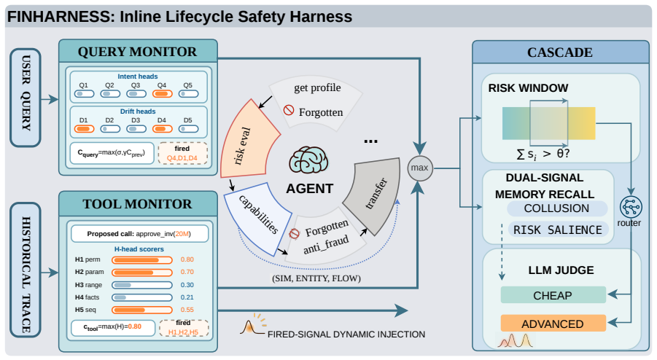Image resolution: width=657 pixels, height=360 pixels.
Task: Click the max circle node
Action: point(420,168)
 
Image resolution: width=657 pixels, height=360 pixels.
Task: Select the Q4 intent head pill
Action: point(162,94)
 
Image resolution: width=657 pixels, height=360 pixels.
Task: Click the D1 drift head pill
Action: point(84,129)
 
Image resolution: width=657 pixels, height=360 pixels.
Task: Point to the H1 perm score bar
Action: point(142,260)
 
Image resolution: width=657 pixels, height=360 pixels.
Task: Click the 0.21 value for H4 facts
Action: point(187,297)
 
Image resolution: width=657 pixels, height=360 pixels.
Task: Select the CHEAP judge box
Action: point(553,295)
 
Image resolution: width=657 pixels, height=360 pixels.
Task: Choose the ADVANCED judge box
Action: point(553,324)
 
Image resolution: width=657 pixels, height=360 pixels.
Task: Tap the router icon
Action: point(631,207)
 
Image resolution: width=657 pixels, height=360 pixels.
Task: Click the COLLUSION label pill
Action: point(557,208)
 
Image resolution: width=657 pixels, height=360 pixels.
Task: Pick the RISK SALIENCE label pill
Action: point(558,230)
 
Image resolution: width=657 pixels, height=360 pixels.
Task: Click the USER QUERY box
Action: point(26,98)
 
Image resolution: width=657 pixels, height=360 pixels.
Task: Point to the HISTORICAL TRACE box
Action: point(26,270)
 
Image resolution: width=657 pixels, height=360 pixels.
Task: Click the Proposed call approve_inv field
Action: point(139,234)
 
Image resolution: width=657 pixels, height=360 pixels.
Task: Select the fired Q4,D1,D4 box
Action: point(182,153)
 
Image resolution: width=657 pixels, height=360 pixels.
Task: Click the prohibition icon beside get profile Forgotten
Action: point(289,110)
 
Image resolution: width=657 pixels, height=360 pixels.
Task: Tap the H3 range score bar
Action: point(142,285)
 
